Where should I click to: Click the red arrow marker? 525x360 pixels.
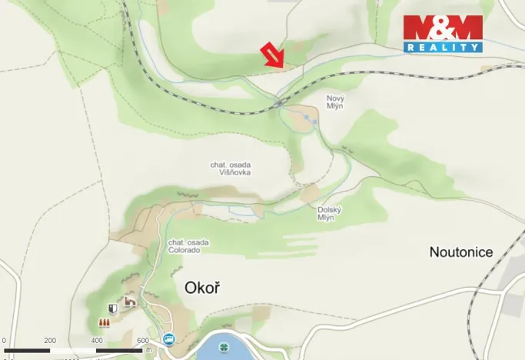pyautogui.click(x=272, y=55)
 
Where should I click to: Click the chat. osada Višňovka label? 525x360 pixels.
pyautogui.click(x=231, y=168)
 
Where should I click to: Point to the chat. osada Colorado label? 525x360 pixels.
pyautogui.click(x=188, y=246)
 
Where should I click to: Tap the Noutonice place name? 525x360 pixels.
pyautogui.click(x=461, y=252)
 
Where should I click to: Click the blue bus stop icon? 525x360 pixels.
pyautogui.click(x=168, y=338)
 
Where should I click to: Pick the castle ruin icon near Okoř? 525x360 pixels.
pyautogui.click(x=129, y=302)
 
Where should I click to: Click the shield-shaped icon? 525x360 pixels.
pyautogui.click(x=113, y=308)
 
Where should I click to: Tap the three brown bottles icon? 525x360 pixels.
pyautogui.click(x=103, y=322)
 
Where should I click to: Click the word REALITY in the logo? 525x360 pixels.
pyautogui.click(x=443, y=47)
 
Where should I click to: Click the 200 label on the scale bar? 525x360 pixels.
pyautogui.click(x=50, y=341)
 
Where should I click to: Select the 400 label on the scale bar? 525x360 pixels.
pyautogui.click(x=97, y=341)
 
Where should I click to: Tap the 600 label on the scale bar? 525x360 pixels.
pyautogui.click(x=142, y=341)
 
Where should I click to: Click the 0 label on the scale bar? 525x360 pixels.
pyautogui.click(x=4, y=341)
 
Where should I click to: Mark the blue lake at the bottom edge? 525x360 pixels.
pyautogui.click(x=231, y=350)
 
